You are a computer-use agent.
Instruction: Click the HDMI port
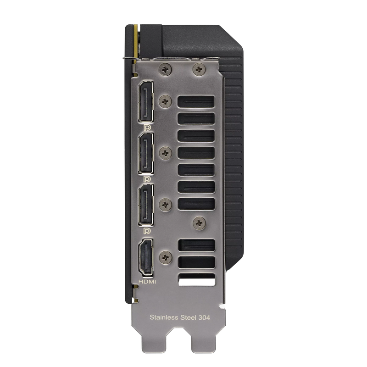pyautogui.click(x=146, y=257)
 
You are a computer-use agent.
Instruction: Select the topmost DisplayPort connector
pyautogui.click(x=146, y=101)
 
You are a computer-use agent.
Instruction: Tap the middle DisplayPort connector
pyautogui.click(x=146, y=153)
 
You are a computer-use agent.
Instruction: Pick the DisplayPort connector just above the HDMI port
pyautogui.click(x=146, y=205)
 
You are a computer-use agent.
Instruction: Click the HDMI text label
pyautogui.click(x=147, y=282)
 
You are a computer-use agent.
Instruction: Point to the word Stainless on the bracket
pyautogui.click(x=164, y=317)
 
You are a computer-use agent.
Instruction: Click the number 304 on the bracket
pyautogui.click(x=204, y=317)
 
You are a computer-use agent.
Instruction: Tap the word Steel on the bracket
pyautogui.click(x=189, y=317)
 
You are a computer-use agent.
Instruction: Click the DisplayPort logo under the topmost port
pyautogui.click(x=147, y=128)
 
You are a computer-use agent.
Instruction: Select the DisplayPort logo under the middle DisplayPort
pyautogui.click(x=147, y=179)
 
